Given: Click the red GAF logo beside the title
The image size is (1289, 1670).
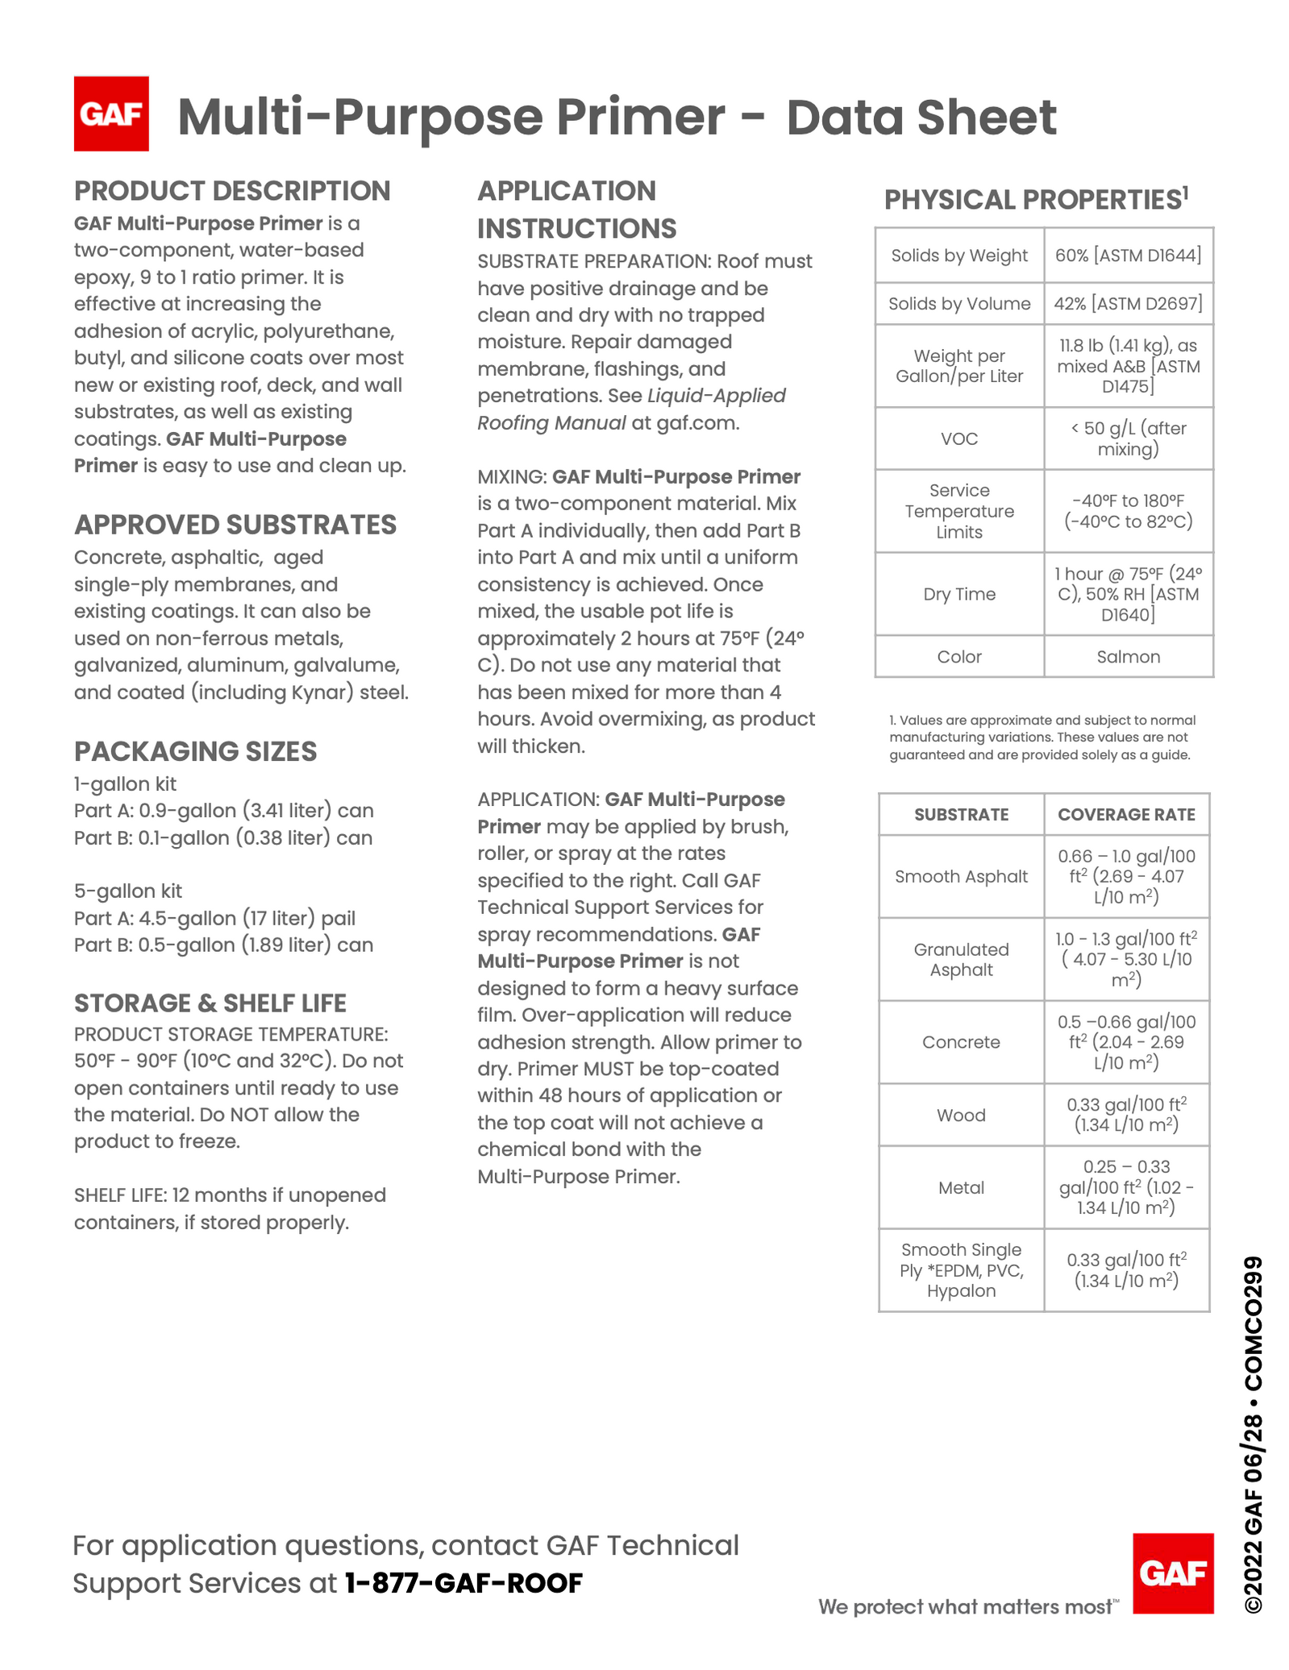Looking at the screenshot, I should [111, 114].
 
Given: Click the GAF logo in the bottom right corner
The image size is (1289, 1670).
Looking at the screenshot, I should [1172, 1572].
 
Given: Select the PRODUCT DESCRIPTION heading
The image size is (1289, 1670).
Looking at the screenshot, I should [232, 191].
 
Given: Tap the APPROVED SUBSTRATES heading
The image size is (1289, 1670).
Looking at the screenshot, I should [235, 525].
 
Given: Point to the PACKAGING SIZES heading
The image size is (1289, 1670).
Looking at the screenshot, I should [195, 751].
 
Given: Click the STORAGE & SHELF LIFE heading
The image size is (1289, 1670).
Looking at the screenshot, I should [210, 1003].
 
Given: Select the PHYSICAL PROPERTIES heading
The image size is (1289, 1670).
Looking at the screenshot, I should [1036, 199].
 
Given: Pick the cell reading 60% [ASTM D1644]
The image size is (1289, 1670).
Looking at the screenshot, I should [1128, 255].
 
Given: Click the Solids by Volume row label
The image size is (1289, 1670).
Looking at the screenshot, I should [959, 303].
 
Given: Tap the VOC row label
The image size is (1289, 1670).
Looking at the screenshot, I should [959, 438].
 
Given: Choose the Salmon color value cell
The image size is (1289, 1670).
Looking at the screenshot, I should [1128, 656].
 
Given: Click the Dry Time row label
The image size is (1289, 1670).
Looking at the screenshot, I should [959, 594].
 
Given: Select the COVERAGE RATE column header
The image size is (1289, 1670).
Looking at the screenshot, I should [1126, 814].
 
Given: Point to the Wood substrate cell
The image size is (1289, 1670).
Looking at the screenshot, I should [961, 1115].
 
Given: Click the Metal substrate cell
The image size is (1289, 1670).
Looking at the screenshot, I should [961, 1187].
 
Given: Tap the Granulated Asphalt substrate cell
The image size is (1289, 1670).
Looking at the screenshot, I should [961, 959].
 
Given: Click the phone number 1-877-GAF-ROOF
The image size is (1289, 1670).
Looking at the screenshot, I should [464, 1583].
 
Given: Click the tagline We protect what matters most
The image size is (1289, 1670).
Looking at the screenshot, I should [967, 1606].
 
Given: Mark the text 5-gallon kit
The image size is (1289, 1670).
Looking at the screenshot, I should [128, 891].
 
